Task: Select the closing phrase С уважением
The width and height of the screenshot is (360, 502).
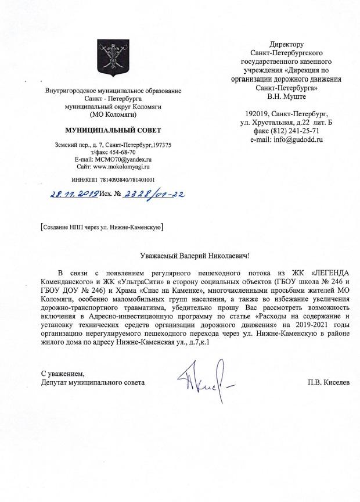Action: coord(62,372)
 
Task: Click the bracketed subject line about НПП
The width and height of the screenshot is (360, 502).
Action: coord(102,227)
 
